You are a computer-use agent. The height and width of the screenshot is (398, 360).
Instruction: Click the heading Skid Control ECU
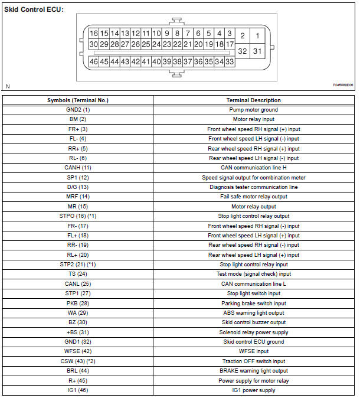coord(32,10)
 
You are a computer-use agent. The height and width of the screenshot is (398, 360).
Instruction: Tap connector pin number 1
coord(257,36)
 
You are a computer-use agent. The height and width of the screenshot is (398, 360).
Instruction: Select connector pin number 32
coord(242,51)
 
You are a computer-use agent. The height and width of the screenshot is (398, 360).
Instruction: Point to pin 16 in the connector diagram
coord(94,34)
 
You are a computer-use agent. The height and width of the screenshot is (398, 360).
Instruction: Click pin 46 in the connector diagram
coord(94,61)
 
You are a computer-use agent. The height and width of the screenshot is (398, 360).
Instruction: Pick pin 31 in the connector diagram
coord(257,51)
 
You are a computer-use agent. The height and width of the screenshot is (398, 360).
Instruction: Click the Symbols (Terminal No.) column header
coord(78,100)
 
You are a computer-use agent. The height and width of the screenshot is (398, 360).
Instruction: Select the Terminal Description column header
coord(253,100)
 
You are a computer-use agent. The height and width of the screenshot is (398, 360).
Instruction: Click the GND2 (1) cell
coord(78,110)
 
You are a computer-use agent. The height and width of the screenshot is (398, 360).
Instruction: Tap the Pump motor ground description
coord(253,110)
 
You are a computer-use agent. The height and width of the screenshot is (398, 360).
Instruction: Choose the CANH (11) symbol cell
coord(78,168)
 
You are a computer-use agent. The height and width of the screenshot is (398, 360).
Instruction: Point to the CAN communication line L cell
coord(253,284)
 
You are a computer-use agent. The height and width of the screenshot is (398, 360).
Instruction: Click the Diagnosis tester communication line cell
coord(253,187)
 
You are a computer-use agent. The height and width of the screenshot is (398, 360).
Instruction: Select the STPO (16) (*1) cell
coord(78,216)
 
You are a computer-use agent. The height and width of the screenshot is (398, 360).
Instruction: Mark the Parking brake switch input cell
coord(253,303)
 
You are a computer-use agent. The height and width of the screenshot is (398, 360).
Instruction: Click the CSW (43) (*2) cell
coord(78,361)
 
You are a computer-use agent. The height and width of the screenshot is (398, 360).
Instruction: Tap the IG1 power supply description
coord(253,390)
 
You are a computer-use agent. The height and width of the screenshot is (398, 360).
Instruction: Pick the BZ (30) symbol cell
coord(78,322)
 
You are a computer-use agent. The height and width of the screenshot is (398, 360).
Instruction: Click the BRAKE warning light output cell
coord(253,371)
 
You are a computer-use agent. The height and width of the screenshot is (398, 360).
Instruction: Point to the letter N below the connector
coord(8,87)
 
